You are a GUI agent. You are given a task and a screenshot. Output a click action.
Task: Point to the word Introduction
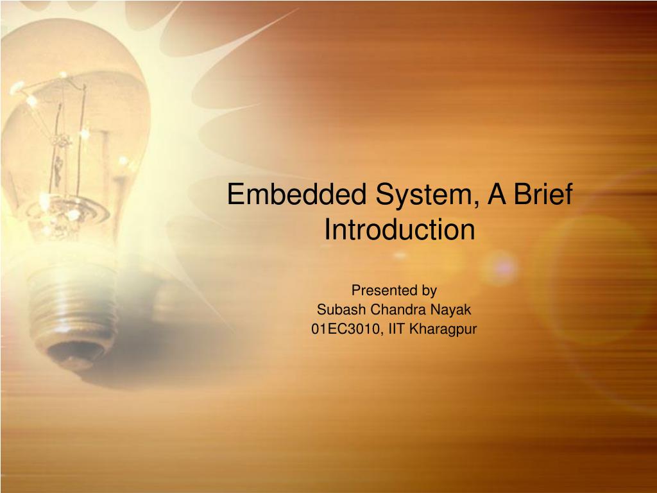click(399, 229)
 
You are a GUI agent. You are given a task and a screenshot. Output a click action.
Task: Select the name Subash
click(341, 309)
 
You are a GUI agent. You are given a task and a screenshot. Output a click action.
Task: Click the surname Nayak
click(452, 309)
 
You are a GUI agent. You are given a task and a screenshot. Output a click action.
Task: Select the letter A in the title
click(495, 195)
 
